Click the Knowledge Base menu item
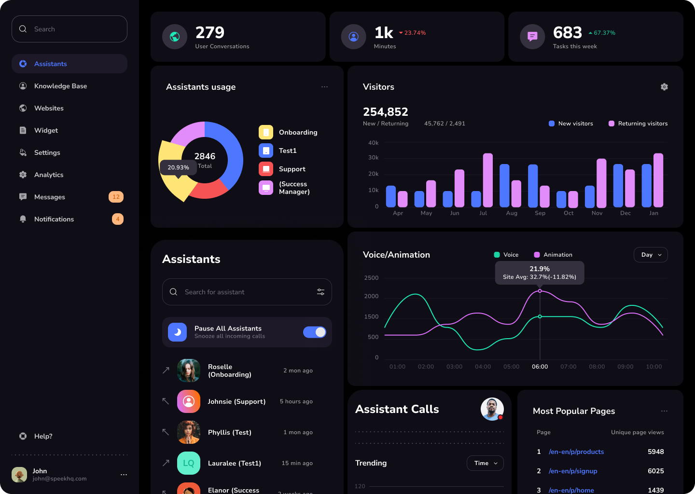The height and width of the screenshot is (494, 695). point(60,86)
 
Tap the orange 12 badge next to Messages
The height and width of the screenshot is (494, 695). point(116,197)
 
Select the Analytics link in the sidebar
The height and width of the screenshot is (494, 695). point(49,175)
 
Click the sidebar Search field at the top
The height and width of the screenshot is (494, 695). point(69,29)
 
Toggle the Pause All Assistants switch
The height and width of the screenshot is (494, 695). point(315,332)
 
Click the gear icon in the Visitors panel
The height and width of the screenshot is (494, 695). point(664,87)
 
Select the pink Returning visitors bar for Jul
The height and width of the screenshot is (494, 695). point(488,180)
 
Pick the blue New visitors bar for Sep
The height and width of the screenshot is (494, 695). point(533,186)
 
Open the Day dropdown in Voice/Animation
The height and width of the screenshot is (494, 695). point(651,255)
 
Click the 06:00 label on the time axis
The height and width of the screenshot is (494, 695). point(540,367)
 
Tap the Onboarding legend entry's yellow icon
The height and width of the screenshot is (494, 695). point(266,132)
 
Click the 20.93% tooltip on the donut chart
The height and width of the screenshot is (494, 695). point(178,167)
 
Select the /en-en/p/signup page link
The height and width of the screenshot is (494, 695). point(573,471)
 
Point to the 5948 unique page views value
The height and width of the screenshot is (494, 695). point(655,452)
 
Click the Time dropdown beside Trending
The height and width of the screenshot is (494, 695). point(485,463)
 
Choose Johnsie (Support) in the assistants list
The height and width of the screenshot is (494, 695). point(236,401)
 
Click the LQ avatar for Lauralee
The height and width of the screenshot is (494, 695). point(189,463)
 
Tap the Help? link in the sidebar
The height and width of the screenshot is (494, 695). point(43,436)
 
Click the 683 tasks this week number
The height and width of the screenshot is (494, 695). point(568,33)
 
